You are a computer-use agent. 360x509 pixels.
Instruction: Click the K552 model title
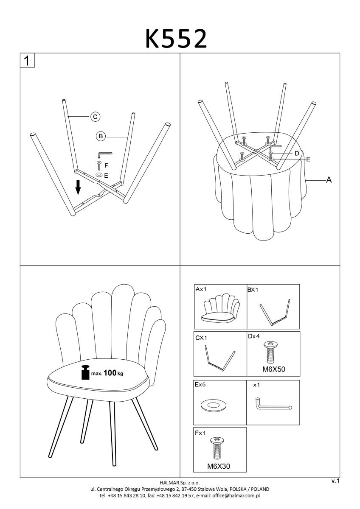[x=176, y=39]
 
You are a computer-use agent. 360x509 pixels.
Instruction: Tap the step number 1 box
[x=27, y=60]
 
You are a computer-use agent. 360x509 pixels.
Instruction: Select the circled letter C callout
[x=95, y=117]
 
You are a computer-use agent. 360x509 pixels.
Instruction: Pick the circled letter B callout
[x=101, y=136]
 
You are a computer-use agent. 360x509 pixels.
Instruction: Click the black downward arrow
[x=78, y=187]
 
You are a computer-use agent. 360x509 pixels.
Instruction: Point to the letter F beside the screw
[x=106, y=166]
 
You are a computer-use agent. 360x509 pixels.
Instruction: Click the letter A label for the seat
[x=329, y=180]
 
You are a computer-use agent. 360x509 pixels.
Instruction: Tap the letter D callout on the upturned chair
[x=297, y=154]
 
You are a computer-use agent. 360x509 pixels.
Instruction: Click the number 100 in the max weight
[x=110, y=373]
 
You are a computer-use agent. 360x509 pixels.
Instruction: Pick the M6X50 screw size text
[x=273, y=369]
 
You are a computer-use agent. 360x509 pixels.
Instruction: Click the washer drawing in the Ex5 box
[x=214, y=406]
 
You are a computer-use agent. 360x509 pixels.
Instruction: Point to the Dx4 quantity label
[x=254, y=336]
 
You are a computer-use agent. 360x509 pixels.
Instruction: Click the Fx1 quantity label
[x=200, y=433]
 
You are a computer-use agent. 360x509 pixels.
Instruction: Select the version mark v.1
[x=335, y=481]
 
